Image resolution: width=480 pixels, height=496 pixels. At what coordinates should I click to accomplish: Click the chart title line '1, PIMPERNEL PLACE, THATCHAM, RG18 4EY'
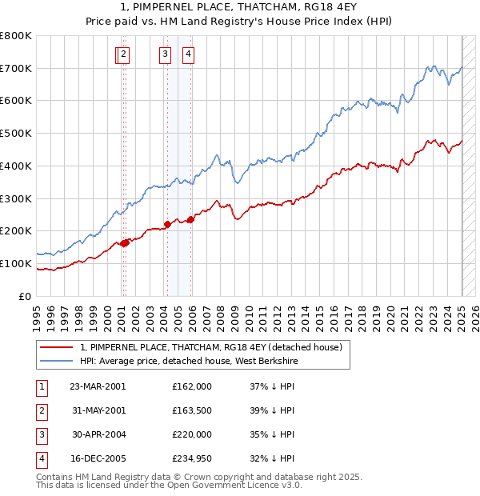point(239,8)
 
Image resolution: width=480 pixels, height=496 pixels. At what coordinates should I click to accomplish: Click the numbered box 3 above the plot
point(165,54)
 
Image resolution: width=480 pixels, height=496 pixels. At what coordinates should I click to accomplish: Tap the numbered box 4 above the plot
point(188,54)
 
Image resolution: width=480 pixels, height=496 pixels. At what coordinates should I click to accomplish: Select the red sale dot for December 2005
point(190,219)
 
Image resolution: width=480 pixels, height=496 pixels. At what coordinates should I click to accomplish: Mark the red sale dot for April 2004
point(167,224)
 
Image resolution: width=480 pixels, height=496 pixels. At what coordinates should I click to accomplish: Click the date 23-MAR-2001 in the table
point(98,386)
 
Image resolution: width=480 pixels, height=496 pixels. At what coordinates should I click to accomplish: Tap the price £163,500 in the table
point(191,410)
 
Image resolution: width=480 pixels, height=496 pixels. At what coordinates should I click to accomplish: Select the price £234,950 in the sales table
point(191,458)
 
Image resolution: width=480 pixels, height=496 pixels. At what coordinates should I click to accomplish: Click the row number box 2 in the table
point(41,410)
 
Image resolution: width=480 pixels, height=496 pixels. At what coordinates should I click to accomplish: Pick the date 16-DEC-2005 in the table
point(98,458)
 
